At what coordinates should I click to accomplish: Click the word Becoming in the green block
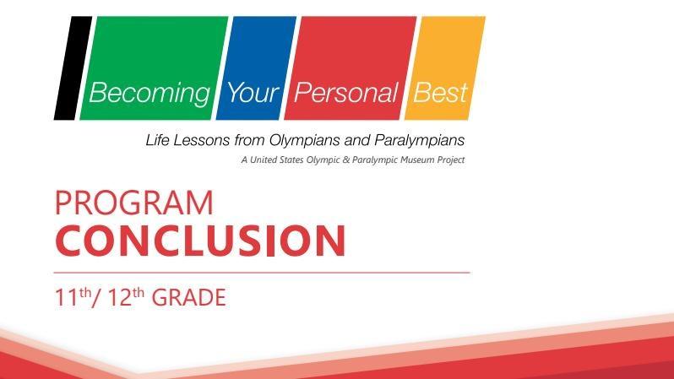[x=149, y=94]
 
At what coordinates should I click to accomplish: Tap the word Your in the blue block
[x=253, y=92]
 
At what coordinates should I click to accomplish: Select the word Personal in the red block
[x=345, y=92]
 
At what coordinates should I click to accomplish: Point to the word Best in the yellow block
[x=440, y=92]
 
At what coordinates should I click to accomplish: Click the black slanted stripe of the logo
[x=73, y=68]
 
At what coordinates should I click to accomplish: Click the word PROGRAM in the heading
[x=134, y=203]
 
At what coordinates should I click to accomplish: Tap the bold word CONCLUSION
[x=200, y=241]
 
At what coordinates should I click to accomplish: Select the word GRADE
[x=188, y=297]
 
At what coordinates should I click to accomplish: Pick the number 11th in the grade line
[x=73, y=297]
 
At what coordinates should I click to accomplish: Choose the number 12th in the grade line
[x=126, y=297]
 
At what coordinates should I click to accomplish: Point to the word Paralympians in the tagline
[x=420, y=140]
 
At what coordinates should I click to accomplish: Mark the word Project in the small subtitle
[x=451, y=160]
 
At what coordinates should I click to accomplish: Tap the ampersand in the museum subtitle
[x=346, y=160]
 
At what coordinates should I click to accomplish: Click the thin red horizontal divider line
[x=262, y=273]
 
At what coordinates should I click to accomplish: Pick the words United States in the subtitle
[x=277, y=160]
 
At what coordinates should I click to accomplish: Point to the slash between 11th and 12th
[x=97, y=297]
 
